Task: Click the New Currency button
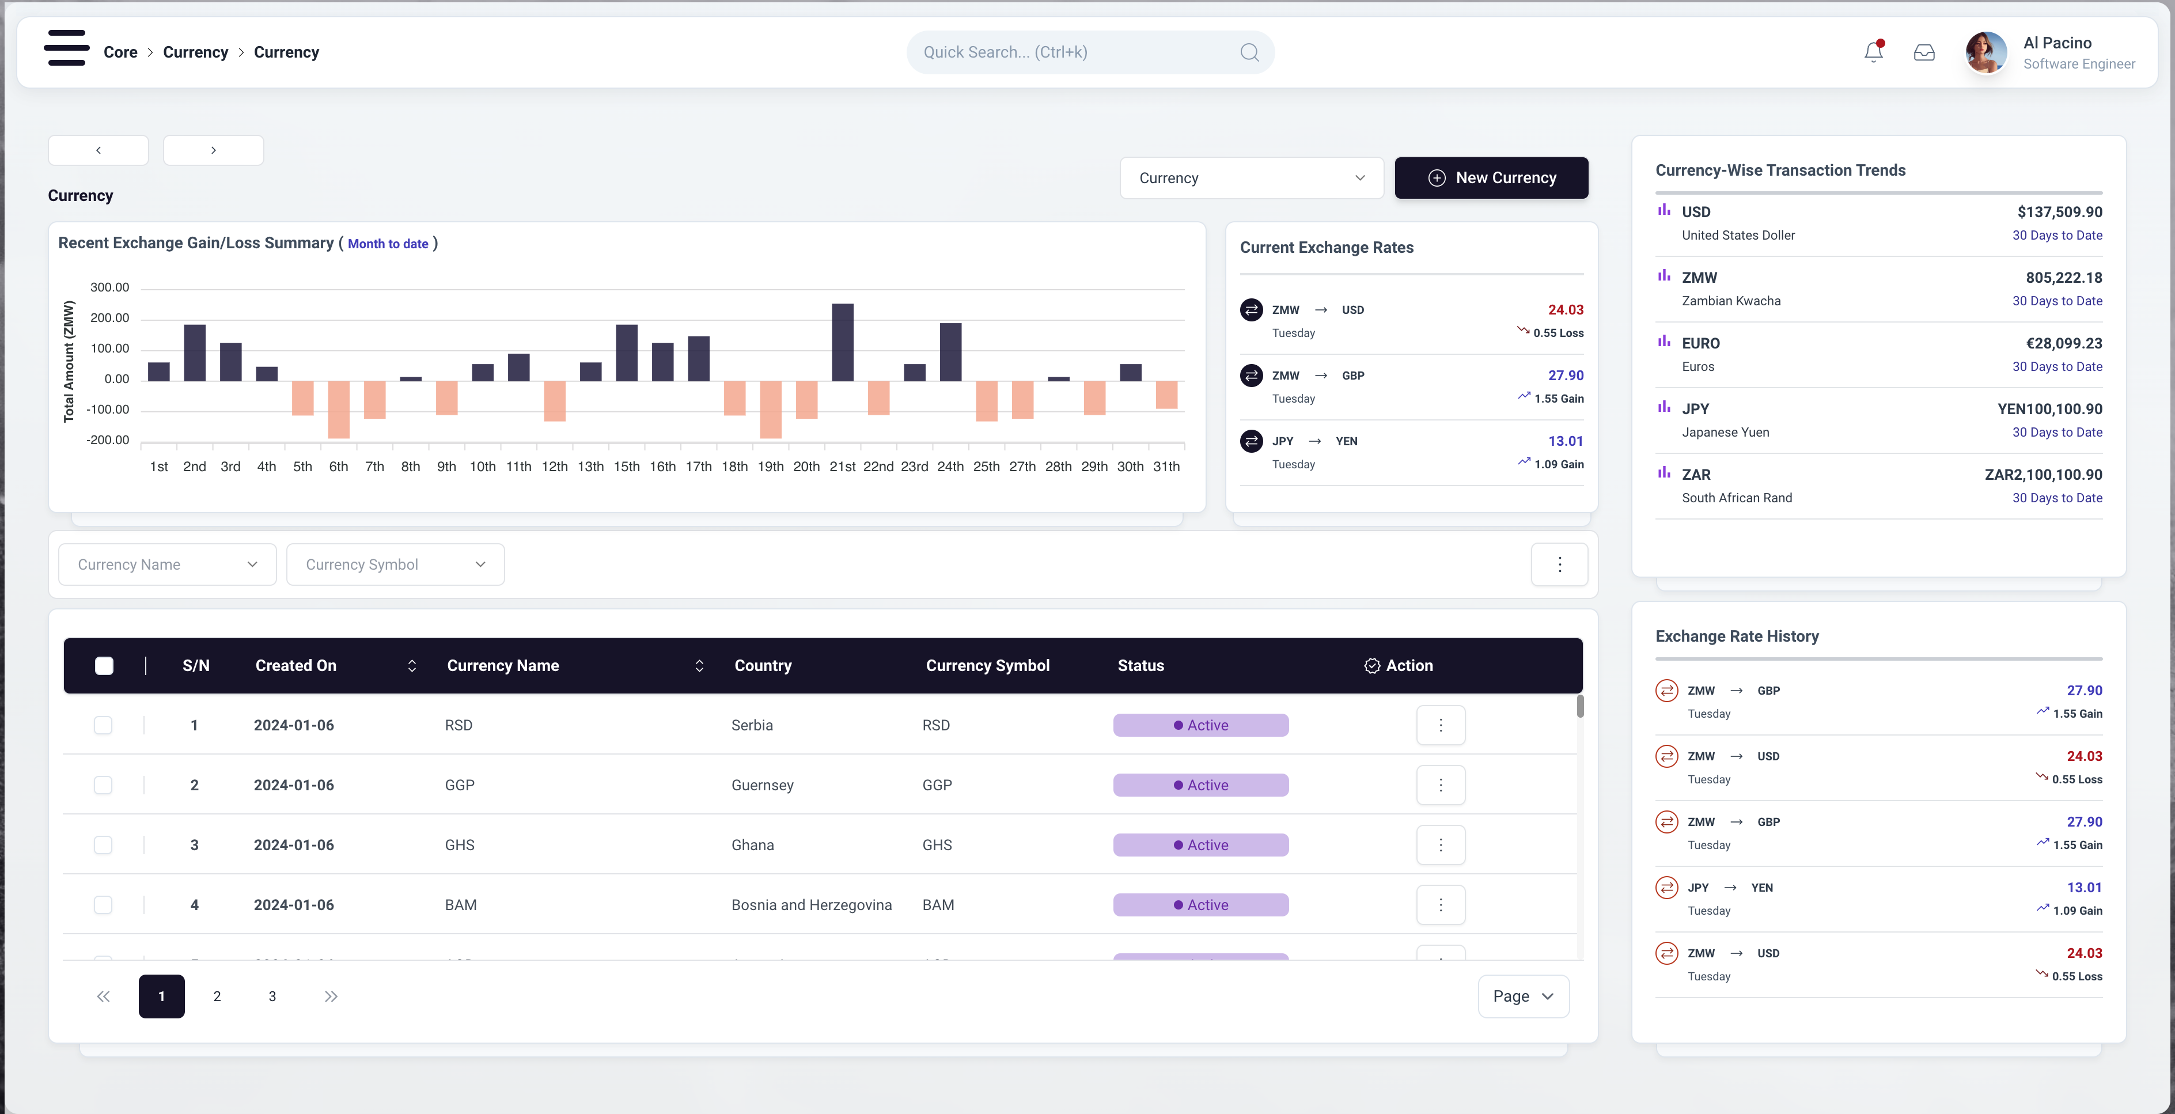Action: pos(1491,178)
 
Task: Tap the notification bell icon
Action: pos(1874,52)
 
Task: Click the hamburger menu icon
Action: pos(67,48)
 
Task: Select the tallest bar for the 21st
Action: pos(843,342)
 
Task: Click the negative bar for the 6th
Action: pos(339,410)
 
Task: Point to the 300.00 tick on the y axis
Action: pos(110,287)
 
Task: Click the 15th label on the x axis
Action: pos(627,466)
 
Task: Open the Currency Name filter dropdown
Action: pos(167,564)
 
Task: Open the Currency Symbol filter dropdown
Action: pos(395,564)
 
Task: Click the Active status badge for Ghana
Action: pos(1200,844)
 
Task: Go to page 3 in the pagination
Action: pos(272,996)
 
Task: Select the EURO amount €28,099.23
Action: pos(2064,343)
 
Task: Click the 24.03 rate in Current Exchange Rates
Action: pos(1566,310)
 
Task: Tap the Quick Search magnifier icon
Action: pos(1249,52)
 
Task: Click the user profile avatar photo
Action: pos(1986,52)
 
